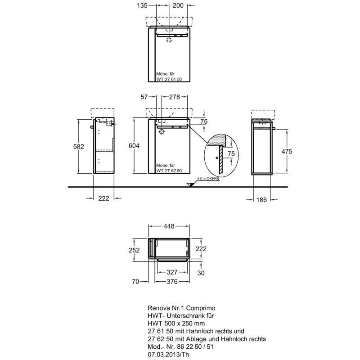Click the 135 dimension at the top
coord(142,5)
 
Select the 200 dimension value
coord(178,5)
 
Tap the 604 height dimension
coord(134,145)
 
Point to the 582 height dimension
coord(78,147)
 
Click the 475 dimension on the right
coord(287,151)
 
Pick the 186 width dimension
coord(261,200)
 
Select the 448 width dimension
coord(169,226)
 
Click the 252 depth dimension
coord(134,250)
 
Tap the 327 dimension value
coord(172,272)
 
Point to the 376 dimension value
coord(172,281)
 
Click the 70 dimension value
coord(135,281)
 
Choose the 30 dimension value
coord(201,273)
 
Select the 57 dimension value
coord(144,97)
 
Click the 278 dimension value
coord(175,97)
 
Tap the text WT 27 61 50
coord(169,79)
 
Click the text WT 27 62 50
coord(169,171)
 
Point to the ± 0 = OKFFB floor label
coord(208,179)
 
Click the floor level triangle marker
coord(190,184)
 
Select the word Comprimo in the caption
coord(200,308)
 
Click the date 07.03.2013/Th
coord(168,354)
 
